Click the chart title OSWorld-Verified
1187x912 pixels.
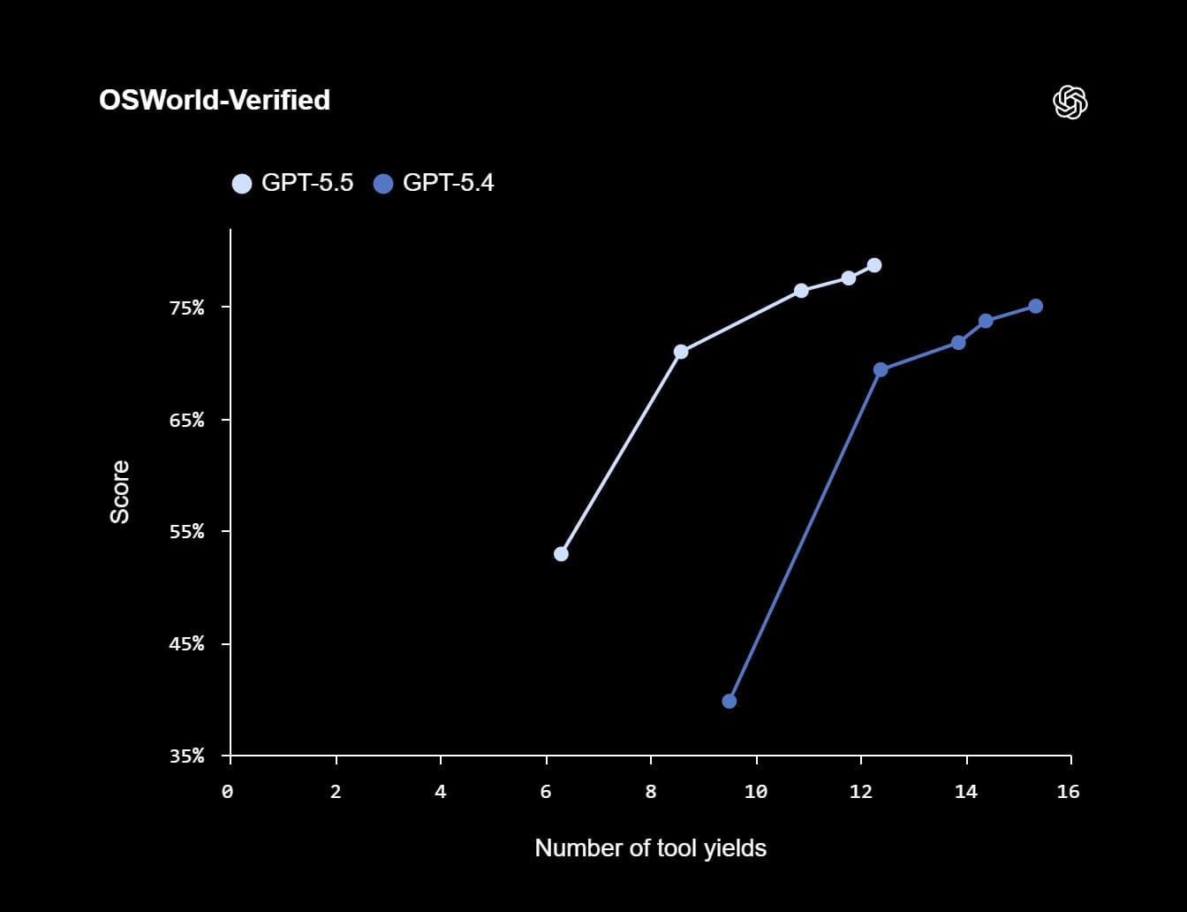point(215,100)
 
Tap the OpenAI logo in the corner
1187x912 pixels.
point(1070,103)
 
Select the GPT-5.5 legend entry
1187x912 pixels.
point(292,183)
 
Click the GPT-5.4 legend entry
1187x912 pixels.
point(434,183)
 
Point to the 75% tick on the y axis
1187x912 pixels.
point(186,308)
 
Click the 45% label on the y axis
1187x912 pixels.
point(186,643)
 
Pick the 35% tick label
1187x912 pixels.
point(186,756)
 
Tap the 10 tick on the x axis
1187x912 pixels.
point(756,792)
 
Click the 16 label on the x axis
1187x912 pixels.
point(1069,792)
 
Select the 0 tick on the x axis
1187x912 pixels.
point(228,792)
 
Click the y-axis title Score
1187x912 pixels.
point(119,491)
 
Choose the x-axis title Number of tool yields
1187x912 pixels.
point(650,848)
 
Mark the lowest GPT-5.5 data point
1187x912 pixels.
point(561,554)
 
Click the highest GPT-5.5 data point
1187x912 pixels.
point(874,265)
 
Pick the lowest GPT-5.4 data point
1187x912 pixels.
point(730,701)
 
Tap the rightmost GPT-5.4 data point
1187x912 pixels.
point(1035,306)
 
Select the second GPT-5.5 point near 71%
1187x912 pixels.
point(681,352)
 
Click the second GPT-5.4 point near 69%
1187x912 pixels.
point(881,369)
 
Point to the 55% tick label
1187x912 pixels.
point(186,531)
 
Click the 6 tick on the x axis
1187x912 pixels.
point(546,792)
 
